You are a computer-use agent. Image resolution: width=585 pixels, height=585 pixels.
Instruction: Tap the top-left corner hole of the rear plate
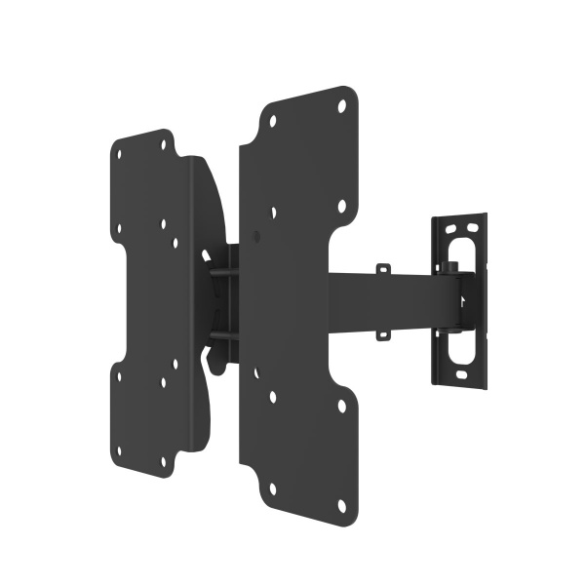[x=121, y=153]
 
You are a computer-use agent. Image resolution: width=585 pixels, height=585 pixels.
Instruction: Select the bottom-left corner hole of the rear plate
[x=119, y=451]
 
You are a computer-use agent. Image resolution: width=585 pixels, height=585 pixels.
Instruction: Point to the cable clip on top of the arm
[x=383, y=268]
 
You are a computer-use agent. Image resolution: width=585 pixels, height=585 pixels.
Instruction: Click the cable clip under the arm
[x=383, y=334]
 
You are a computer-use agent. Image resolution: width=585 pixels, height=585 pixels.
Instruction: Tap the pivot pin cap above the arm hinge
[x=451, y=266]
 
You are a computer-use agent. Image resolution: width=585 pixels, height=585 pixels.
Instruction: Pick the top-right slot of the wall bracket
[x=474, y=225]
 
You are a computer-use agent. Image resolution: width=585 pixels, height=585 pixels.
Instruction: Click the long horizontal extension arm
[x=390, y=301]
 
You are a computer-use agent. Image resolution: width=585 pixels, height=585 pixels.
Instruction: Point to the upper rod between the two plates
[x=222, y=273]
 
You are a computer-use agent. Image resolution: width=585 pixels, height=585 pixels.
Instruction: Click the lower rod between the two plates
[x=222, y=336]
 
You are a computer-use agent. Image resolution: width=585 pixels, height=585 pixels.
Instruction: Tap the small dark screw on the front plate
[x=255, y=235]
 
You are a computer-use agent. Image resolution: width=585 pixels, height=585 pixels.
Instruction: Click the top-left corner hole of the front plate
[x=272, y=122]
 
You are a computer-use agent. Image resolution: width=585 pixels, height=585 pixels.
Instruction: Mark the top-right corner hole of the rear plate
[x=166, y=143]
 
